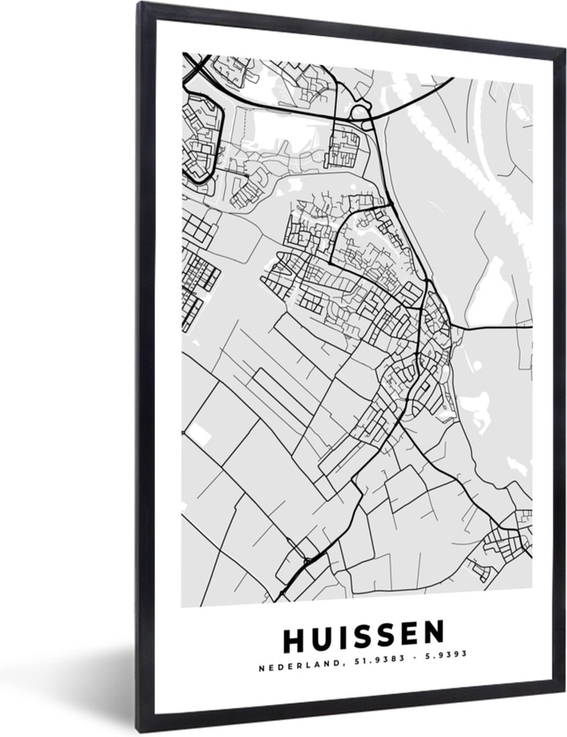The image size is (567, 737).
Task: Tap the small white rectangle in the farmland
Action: [198, 434]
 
